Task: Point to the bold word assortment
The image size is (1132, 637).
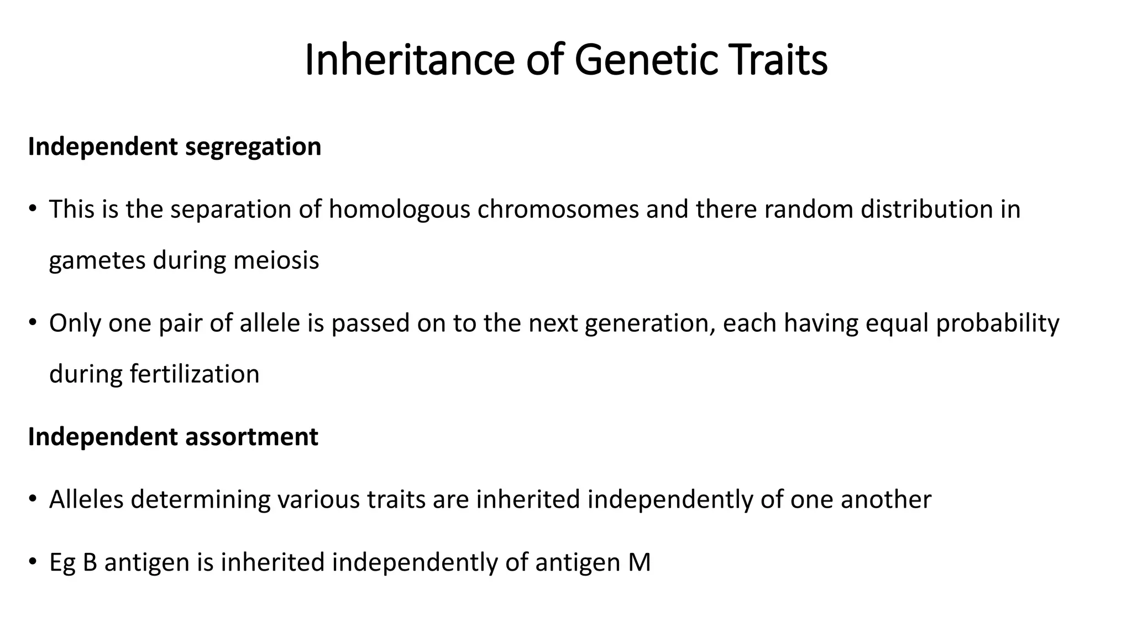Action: (x=251, y=437)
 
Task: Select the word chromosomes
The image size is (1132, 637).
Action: (x=558, y=210)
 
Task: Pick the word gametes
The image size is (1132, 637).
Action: (x=97, y=261)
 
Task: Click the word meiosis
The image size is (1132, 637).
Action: (x=276, y=260)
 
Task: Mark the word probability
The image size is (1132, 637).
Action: (x=998, y=323)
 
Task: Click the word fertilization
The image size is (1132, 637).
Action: (x=195, y=374)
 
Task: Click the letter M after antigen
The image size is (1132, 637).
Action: (x=640, y=563)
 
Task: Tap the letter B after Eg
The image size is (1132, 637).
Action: (x=90, y=563)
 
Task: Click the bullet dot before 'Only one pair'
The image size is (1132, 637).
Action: (x=33, y=322)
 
